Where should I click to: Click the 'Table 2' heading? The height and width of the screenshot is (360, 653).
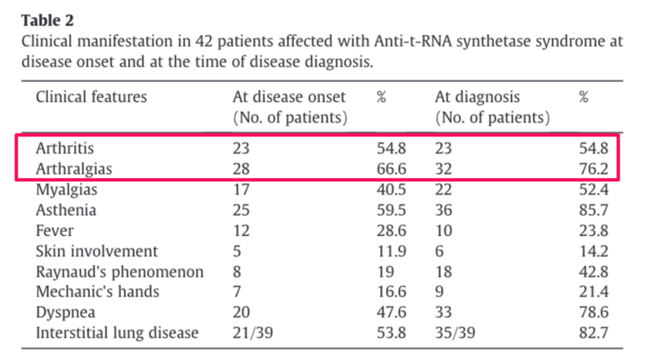click(x=47, y=20)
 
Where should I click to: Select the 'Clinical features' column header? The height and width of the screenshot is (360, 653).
click(x=91, y=96)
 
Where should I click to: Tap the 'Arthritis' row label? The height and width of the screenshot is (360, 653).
click(x=64, y=148)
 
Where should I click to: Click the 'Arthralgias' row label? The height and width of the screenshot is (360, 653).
click(x=73, y=169)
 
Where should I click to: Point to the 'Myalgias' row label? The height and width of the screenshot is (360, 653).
click(x=67, y=189)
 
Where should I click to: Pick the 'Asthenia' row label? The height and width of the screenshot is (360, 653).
click(x=66, y=210)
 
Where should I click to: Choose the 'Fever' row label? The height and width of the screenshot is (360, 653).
click(x=55, y=230)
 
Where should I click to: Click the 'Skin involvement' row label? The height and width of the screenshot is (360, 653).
click(x=96, y=251)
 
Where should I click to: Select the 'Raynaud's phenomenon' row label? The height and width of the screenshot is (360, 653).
click(x=119, y=272)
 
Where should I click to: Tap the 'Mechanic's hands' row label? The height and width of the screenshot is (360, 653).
click(x=97, y=291)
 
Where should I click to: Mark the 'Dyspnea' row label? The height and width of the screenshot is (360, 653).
click(x=65, y=313)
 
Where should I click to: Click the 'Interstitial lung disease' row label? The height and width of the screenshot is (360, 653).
click(x=117, y=333)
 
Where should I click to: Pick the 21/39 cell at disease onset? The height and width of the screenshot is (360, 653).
click(x=253, y=333)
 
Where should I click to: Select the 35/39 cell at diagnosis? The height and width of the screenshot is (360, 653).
click(x=455, y=333)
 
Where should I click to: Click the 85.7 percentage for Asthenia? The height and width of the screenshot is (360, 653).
click(x=593, y=210)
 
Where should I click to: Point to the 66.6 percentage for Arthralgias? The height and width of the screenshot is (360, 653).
click(x=392, y=169)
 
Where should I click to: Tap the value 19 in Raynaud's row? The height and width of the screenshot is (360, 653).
click(x=385, y=272)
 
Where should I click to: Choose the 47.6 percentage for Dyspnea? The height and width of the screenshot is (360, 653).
click(x=392, y=313)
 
